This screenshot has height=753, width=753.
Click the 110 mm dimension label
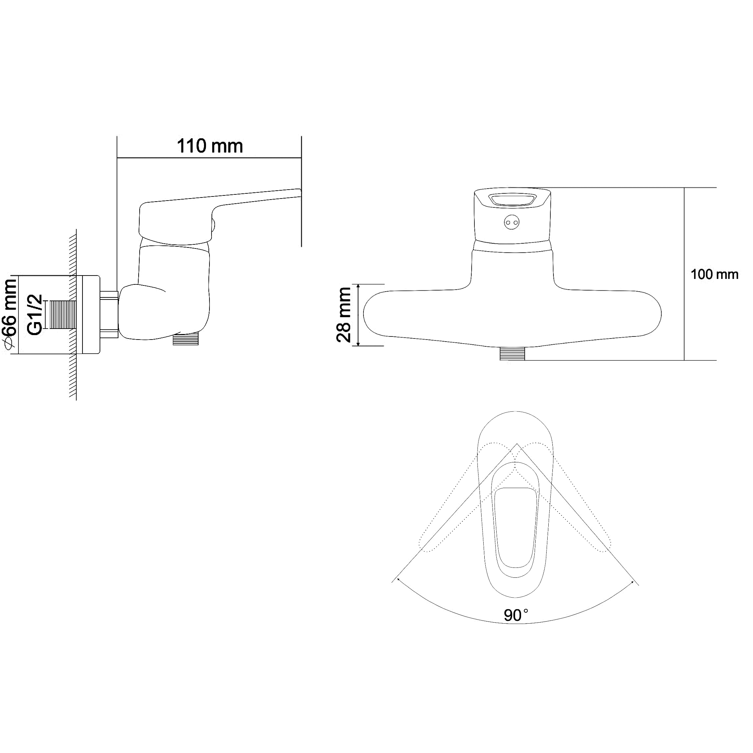coord(210,146)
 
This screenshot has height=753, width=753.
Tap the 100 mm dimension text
coord(714,275)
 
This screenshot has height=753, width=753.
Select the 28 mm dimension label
coord(344,315)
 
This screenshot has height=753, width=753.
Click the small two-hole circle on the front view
coord(512,222)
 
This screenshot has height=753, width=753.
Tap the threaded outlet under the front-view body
coord(512,353)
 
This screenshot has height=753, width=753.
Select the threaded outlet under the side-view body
coord(186,339)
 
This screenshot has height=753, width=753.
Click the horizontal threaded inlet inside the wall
coord(61,315)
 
